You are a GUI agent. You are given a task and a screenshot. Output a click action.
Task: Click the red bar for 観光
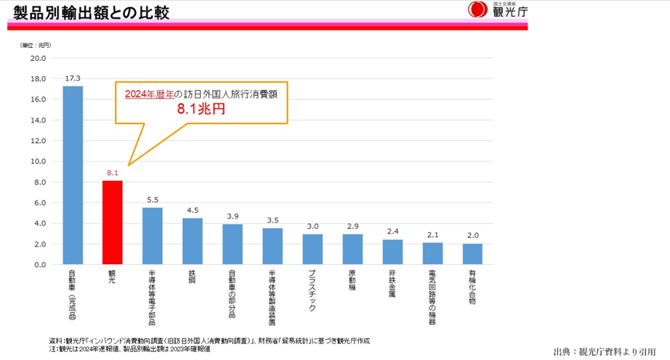pos(113,222)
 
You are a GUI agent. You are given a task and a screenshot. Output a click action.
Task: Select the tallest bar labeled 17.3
pos(73,175)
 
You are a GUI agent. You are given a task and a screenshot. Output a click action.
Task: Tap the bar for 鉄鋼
pos(193,241)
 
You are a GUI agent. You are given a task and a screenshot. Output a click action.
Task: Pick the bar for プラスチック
pos(313,249)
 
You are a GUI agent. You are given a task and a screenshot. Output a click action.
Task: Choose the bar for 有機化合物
pos(473,254)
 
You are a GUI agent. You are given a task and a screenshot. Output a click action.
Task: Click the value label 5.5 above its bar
pos(153,200)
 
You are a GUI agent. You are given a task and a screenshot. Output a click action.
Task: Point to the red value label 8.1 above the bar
pos(113,173)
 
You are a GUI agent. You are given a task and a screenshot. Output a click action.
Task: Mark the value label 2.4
pos(393,232)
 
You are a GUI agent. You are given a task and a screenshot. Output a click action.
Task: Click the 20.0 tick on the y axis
pos(39,58)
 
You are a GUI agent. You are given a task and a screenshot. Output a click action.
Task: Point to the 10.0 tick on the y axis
pos(39,162)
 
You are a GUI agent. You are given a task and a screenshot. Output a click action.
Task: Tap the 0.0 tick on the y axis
pos(39,265)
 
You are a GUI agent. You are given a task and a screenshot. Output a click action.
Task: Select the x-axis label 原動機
pos(353,281)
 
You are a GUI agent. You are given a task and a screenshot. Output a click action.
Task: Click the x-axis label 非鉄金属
pos(393,283)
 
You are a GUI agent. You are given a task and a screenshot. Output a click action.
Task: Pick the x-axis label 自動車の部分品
pos(233,293)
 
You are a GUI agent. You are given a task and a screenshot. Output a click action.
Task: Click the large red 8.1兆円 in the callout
pos(201,109)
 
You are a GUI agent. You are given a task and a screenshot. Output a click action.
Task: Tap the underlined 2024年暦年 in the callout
pos(148,94)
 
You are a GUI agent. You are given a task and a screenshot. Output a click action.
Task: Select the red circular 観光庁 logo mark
pos(476,10)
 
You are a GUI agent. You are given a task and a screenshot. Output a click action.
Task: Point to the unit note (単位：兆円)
pos(35,45)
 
